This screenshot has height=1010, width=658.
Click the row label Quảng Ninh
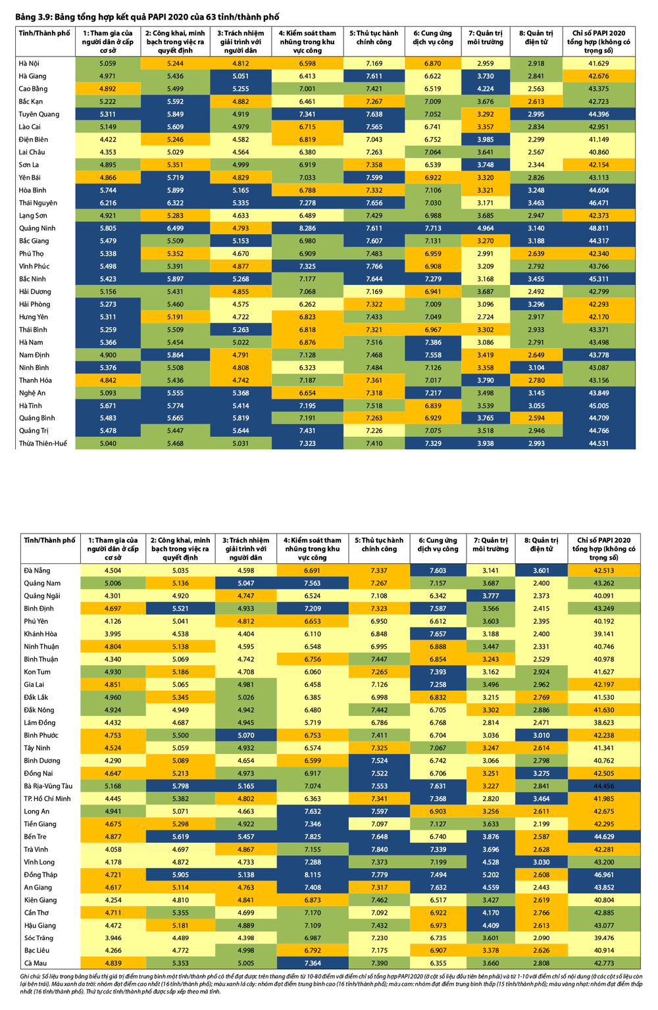tap(38, 228)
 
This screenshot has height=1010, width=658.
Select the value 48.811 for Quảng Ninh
tap(598, 228)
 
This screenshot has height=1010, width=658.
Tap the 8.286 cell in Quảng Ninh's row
tap(307, 228)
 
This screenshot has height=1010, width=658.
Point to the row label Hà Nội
tap(30, 63)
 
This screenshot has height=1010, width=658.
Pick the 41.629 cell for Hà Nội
tap(598, 63)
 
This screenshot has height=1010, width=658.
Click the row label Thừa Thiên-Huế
tap(43, 443)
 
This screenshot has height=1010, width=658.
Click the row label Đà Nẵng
tap(37, 570)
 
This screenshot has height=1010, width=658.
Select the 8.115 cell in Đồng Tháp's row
tap(313, 874)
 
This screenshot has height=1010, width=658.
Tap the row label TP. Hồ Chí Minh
tap(47, 799)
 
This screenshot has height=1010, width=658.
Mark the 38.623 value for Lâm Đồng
tap(603, 722)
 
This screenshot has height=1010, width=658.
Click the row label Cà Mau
tap(36, 963)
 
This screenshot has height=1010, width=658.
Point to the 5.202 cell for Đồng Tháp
tap(490, 874)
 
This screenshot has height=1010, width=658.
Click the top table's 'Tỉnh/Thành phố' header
tap(45, 33)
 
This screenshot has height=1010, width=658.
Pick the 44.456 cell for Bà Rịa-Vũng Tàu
tap(603, 786)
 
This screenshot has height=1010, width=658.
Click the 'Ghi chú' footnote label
tap(30, 976)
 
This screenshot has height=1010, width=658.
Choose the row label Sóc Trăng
tap(39, 938)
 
